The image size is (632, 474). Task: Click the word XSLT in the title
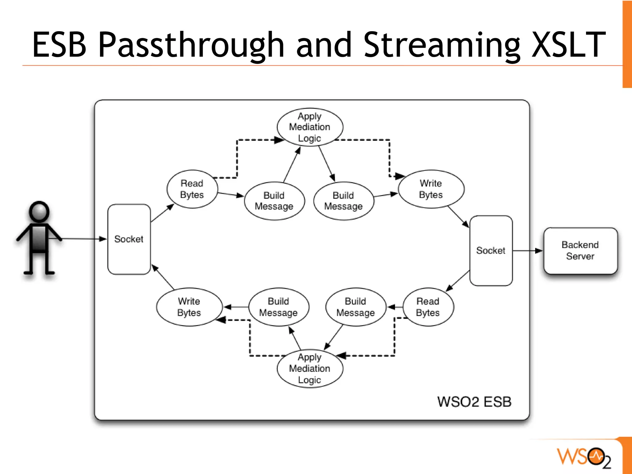point(568,45)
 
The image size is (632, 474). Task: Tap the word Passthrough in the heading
point(191,45)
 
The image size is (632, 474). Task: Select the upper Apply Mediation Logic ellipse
point(310,127)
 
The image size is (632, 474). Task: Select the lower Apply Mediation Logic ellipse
point(310,368)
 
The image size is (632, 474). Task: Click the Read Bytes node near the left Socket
point(192,189)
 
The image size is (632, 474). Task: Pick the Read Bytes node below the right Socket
point(428,307)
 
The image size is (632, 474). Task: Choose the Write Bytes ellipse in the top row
point(431,189)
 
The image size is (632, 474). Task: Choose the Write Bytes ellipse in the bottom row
point(189,307)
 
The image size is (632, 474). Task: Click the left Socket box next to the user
point(129,239)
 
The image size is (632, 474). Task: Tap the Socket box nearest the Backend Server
point(491,250)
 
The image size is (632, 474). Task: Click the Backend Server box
point(580,250)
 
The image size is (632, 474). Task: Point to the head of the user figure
point(39,212)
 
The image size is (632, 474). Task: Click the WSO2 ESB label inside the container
point(474,402)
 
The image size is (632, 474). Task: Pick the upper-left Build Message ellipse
point(274,201)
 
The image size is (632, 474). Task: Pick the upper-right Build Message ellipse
point(343,201)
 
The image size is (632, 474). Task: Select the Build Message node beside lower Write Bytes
point(278,307)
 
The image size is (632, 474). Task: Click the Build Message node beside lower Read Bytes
point(355,307)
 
